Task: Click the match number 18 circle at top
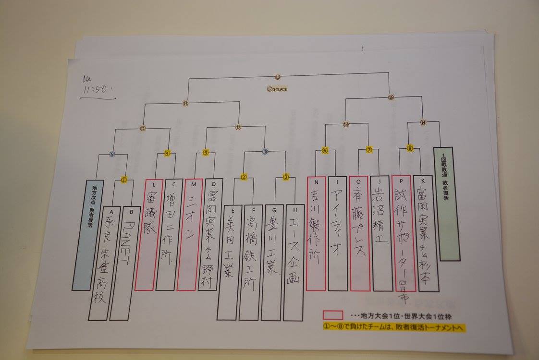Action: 278,77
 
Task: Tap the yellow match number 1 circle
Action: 124,180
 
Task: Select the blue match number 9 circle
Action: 112,154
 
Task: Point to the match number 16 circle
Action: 391,97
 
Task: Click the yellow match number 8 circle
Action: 410,148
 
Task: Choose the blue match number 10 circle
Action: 265,152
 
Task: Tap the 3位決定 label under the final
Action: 278,88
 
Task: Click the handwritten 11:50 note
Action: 96,87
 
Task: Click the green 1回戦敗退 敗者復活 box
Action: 446,204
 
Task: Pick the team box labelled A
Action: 100,264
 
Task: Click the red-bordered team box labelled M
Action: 189,235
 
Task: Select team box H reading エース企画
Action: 293,263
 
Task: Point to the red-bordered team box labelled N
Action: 316,233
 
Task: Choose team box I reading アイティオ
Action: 338,233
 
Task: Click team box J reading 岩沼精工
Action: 381,233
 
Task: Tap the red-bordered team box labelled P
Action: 402,233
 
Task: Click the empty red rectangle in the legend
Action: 332,315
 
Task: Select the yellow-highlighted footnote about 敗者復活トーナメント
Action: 394,327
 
